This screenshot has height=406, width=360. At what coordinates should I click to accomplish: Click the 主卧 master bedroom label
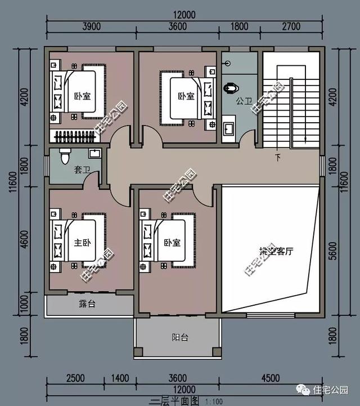click(x=82, y=243)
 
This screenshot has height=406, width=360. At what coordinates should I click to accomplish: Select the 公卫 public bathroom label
click(x=244, y=101)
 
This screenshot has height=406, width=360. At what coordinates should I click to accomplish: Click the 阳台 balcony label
click(x=179, y=338)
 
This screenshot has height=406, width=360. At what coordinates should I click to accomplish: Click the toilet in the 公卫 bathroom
click(x=230, y=88)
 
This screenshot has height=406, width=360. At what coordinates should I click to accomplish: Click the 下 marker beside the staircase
click(x=277, y=156)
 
